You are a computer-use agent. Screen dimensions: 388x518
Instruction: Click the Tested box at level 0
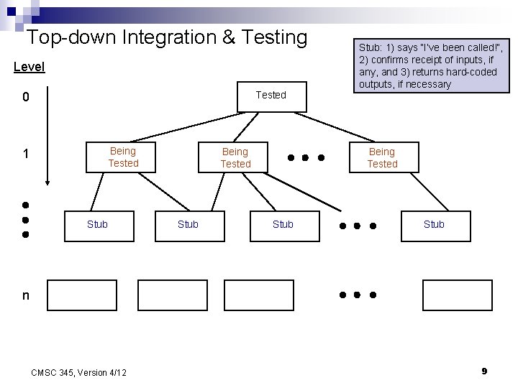pyautogui.click(x=271, y=96)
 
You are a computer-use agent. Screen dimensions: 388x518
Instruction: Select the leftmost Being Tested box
pyautogui.click(x=123, y=157)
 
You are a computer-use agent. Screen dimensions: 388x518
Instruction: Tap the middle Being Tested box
pyautogui.click(x=235, y=157)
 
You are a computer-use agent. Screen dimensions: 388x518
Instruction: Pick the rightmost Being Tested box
pyautogui.click(x=382, y=157)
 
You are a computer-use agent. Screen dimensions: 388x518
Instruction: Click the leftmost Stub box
pyautogui.click(x=97, y=224)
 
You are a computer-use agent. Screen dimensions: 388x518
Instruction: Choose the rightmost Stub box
pyautogui.click(x=434, y=224)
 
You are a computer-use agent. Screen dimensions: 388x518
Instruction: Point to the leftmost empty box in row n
pyautogui.click(x=82, y=295)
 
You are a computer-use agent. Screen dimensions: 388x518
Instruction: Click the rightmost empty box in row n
pyautogui.click(x=447, y=295)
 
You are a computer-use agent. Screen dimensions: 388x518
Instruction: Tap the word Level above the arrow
pyautogui.click(x=29, y=67)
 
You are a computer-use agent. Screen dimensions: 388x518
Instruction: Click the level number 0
pyautogui.click(x=25, y=97)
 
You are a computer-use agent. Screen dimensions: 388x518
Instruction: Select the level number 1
pyautogui.click(x=25, y=154)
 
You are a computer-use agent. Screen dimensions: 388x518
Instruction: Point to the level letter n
pyautogui.click(x=26, y=295)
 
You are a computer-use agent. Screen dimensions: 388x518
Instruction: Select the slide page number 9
pyautogui.click(x=484, y=371)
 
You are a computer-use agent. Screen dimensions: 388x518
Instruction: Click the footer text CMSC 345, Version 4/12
pyautogui.click(x=79, y=371)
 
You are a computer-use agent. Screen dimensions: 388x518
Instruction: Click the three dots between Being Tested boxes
pyautogui.click(x=306, y=157)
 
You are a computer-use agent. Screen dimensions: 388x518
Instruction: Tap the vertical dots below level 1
pyautogui.click(x=24, y=218)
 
